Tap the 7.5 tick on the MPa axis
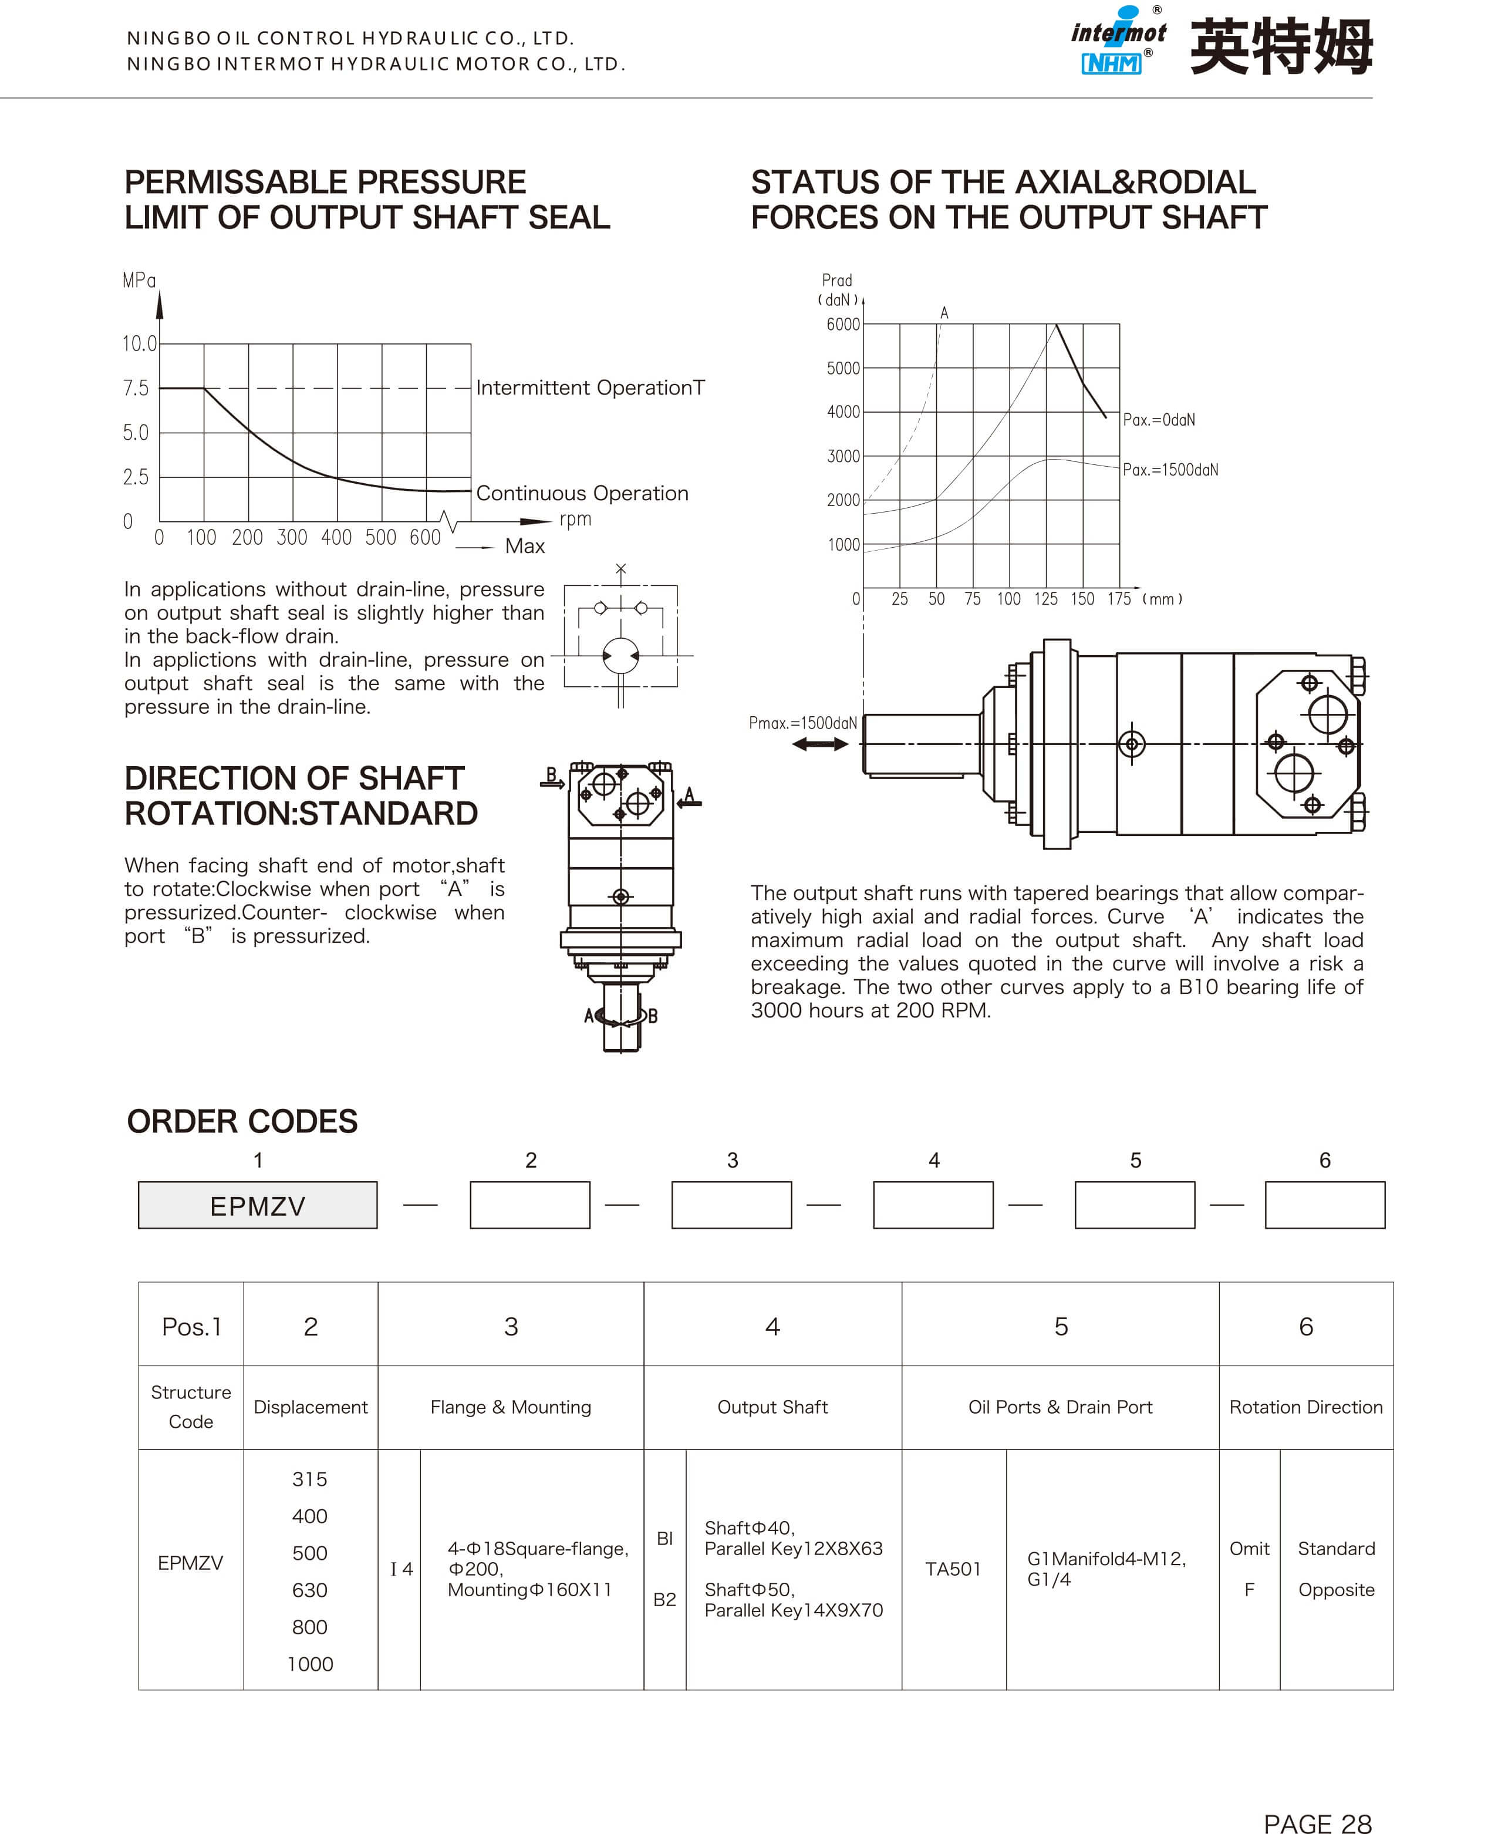pos(136,389)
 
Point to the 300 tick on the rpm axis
pos(291,538)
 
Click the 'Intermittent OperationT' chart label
pos(590,389)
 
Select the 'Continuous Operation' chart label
pos(582,494)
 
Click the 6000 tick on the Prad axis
pos(842,324)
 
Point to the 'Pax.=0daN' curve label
pos(1159,420)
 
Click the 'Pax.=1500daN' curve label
pos(1170,470)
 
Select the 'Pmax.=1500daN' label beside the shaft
pos(802,723)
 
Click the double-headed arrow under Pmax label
pos(819,744)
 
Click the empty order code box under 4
pos(933,1205)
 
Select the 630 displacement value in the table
pos(309,1590)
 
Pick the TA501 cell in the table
pos(952,1569)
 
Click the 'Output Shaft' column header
pos(772,1407)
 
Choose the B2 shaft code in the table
pos(664,1599)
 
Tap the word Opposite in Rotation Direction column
pos(1335,1590)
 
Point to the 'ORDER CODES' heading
pos(242,1121)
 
